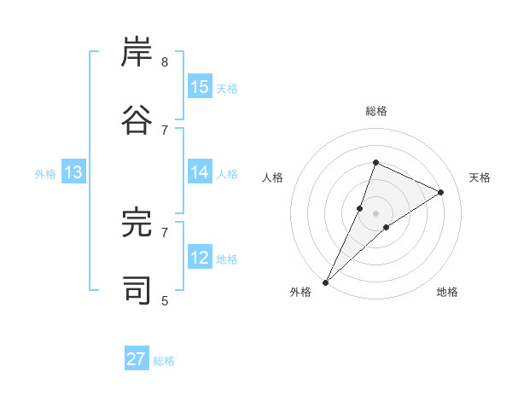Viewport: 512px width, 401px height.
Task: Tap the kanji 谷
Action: click(137, 120)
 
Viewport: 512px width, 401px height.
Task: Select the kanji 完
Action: click(137, 223)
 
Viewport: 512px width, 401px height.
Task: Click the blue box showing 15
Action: click(200, 87)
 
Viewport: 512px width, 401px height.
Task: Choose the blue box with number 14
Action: click(200, 172)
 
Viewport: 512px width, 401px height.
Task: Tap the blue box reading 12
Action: click(200, 258)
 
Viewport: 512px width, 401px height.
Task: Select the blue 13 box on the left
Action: click(73, 172)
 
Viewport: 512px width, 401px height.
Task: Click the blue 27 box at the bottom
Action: click(137, 359)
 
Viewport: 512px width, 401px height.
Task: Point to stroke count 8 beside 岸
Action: click(165, 62)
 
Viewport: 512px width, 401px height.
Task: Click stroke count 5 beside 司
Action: click(165, 299)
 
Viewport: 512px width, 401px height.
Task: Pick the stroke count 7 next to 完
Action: click(165, 231)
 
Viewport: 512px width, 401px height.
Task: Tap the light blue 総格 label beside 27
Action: click(164, 361)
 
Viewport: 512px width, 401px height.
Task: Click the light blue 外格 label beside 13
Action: click(45, 174)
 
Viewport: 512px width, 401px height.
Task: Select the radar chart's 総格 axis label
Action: click(375, 111)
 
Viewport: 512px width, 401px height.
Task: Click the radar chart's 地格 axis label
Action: click(447, 292)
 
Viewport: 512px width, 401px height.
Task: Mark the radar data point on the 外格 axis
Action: click(326, 282)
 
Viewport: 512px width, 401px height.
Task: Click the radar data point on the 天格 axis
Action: click(440, 192)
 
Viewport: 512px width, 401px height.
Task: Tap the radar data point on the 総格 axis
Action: click(375, 162)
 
